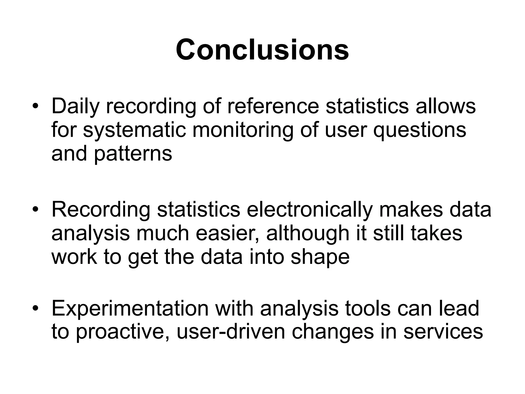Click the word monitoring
tap(243, 130)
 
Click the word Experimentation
tap(130, 308)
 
